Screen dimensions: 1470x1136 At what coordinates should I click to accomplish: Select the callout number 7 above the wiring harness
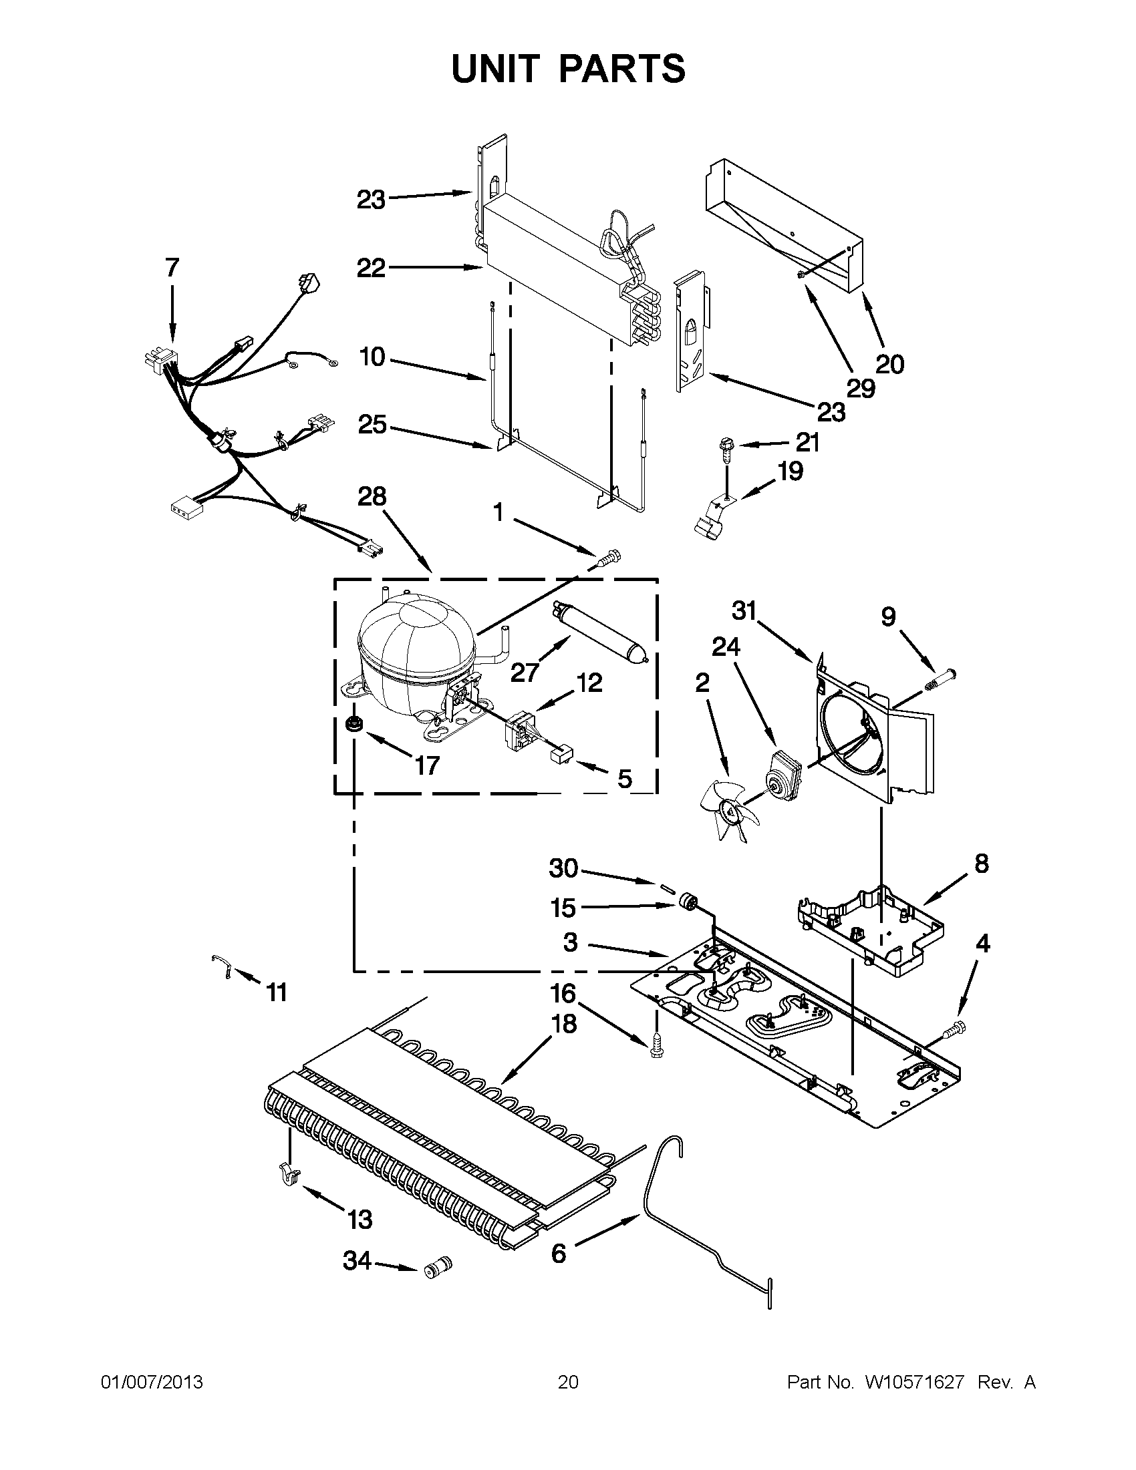point(172,268)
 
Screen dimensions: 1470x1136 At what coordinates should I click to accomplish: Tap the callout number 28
point(372,497)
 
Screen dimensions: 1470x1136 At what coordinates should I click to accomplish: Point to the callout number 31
point(745,611)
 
